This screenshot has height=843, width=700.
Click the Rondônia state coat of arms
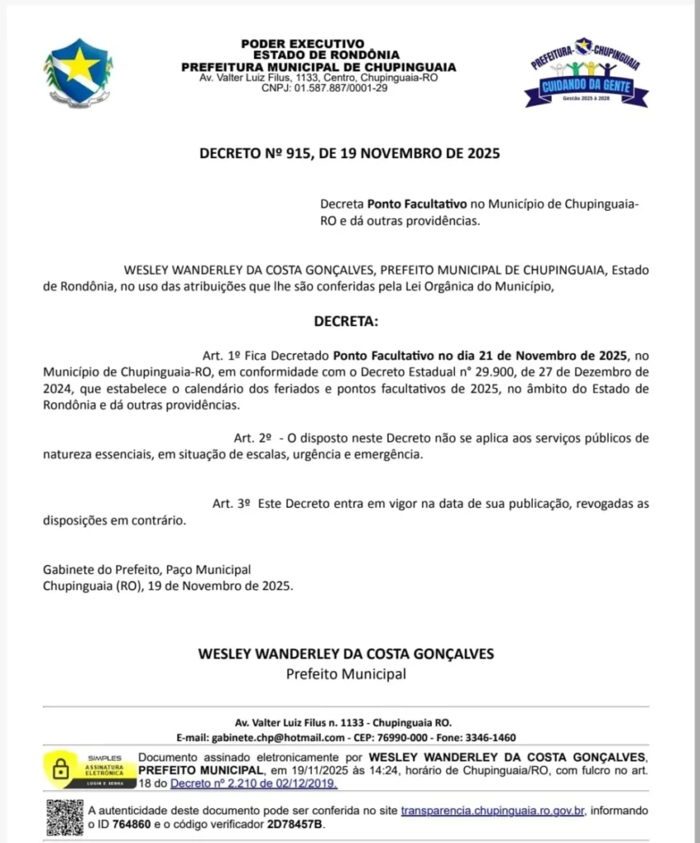(x=78, y=72)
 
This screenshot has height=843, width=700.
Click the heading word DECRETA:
(x=346, y=321)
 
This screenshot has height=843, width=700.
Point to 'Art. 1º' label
(x=220, y=356)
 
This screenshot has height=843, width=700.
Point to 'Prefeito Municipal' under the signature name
(x=346, y=674)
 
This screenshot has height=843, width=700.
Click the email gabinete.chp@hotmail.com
(x=278, y=737)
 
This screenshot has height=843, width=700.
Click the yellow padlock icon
(x=60, y=769)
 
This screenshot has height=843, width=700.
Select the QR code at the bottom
(x=64, y=817)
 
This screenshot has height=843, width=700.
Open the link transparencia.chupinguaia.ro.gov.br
(x=493, y=811)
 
